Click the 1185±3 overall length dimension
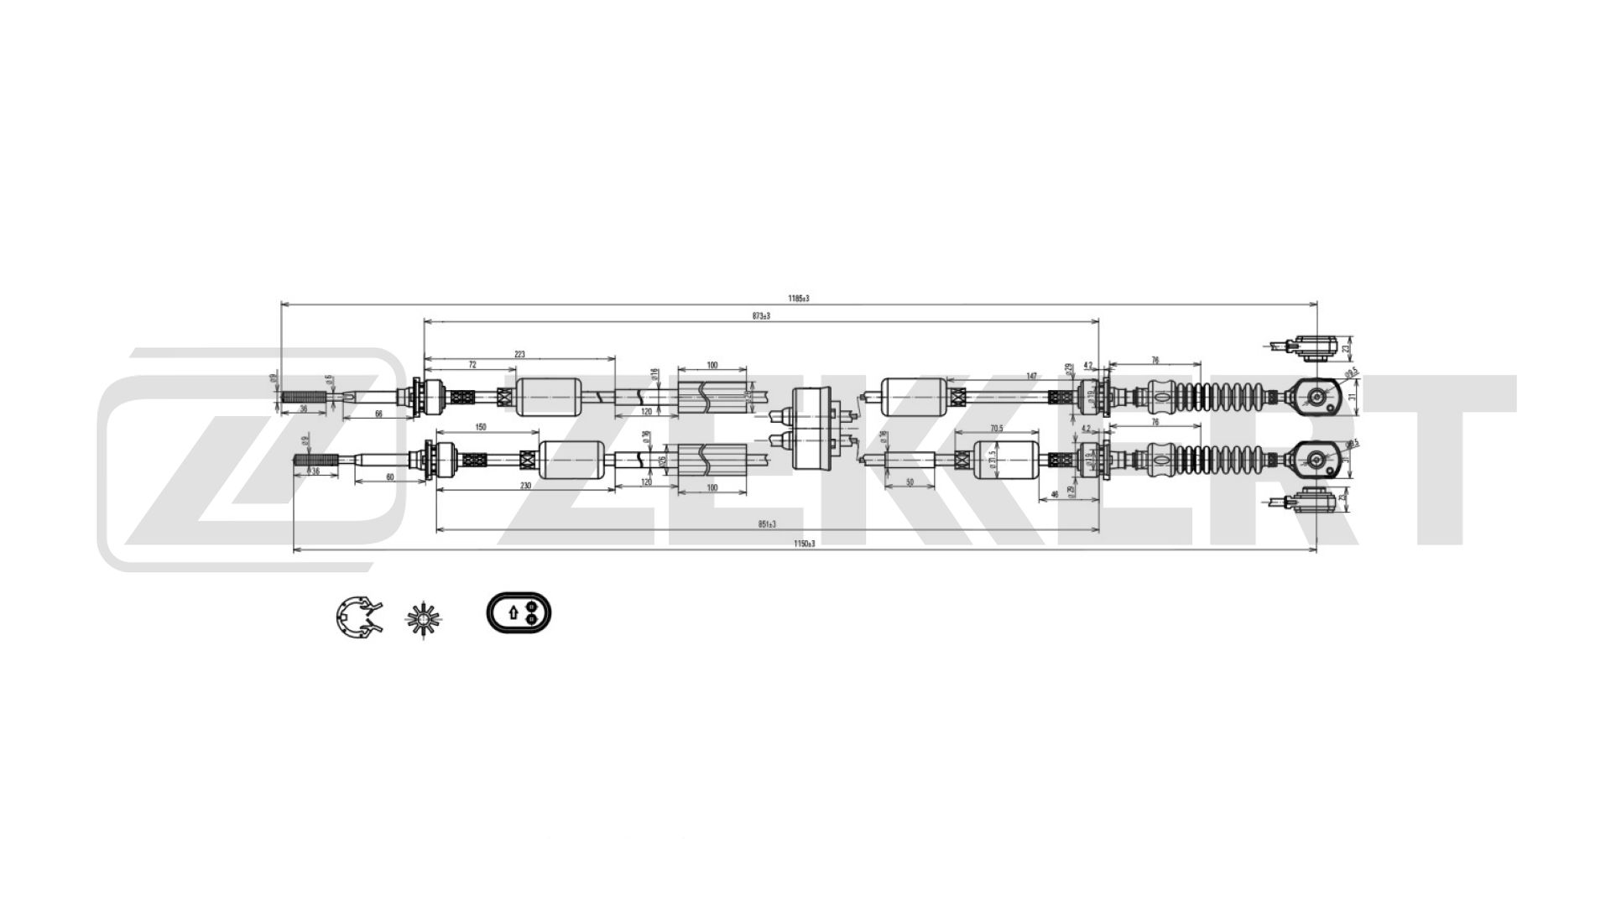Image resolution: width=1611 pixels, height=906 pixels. (x=798, y=299)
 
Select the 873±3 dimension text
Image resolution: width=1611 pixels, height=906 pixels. (x=761, y=315)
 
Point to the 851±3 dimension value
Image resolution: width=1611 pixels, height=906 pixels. (x=767, y=524)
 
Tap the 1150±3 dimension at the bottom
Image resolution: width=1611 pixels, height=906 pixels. (x=805, y=544)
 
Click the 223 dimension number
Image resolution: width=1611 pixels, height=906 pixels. (x=519, y=355)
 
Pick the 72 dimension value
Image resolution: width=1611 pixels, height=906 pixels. (x=472, y=365)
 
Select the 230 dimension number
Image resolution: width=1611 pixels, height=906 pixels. (x=526, y=486)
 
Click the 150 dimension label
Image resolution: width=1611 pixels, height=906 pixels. (x=481, y=428)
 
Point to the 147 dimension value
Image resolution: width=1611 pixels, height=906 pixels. (x=1032, y=377)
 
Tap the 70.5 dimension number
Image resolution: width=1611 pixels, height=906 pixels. (x=997, y=429)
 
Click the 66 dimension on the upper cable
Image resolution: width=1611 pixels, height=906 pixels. (x=378, y=414)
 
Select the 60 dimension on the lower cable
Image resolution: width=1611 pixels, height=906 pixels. (x=389, y=477)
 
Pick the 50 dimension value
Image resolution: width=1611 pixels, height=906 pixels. (x=910, y=483)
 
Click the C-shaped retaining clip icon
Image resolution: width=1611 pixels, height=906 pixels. (x=358, y=618)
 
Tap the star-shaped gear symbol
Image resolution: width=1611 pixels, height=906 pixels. (x=424, y=619)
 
